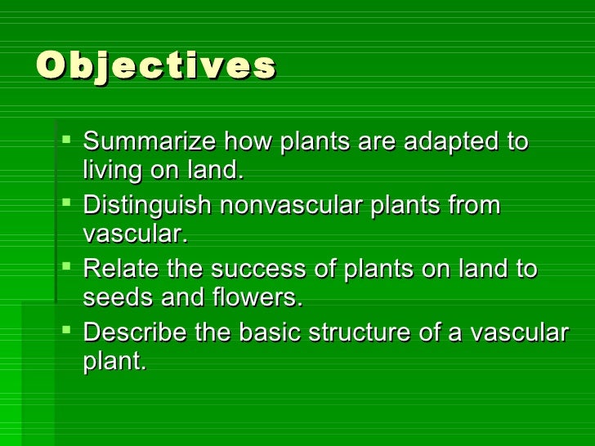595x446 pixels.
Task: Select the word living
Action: pos(114,172)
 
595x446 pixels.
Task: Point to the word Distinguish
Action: pos(146,205)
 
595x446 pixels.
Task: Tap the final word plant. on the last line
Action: pos(114,363)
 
